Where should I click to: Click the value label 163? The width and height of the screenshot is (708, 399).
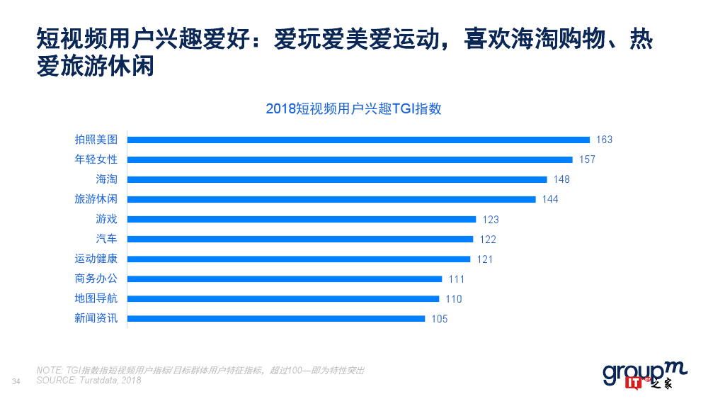point(604,140)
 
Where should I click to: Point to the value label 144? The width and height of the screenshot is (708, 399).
point(550,199)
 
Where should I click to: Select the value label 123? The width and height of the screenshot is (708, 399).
point(491,220)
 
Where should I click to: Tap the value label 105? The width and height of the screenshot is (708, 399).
point(440,319)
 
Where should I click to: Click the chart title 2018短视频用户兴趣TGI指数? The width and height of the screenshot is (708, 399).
point(353,108)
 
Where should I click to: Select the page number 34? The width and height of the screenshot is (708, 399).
point(17,382)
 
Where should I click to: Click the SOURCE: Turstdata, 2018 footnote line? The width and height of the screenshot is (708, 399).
point(88,381)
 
